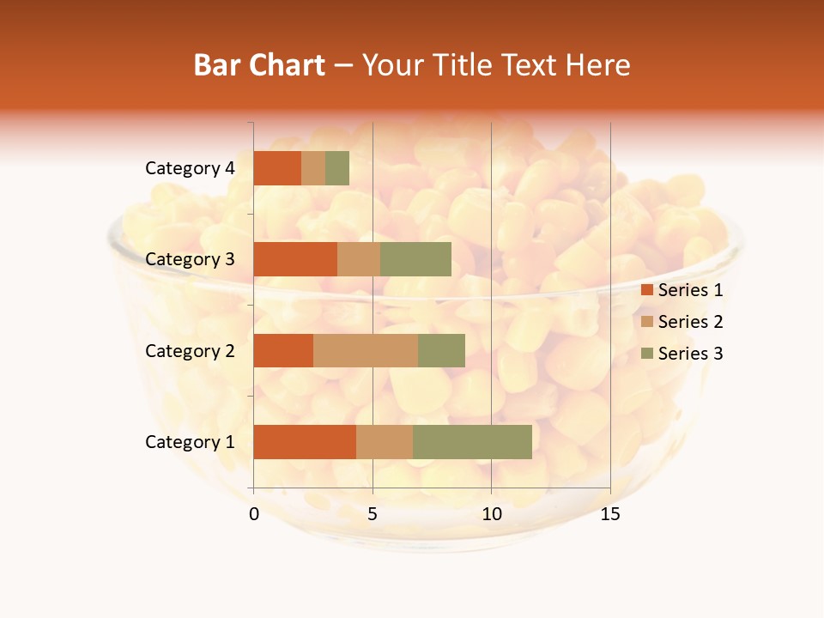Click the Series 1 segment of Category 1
tap(305, 442)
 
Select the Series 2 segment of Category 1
tap(385, 442)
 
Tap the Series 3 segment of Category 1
tap(472, 442)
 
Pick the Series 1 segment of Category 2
tap(283, 350)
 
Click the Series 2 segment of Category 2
tap(366, 350)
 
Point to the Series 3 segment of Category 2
tap(441, 350)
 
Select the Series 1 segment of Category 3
tap(295, 259)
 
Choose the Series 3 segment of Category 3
tap(415, 259)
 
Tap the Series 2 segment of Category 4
tap(313, 168)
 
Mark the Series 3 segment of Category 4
tap(337, 168)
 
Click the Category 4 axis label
tap(190, 168)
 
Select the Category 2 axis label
tap(190, 350)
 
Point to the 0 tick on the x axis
tap(254, 514)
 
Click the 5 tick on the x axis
tap(373, 514)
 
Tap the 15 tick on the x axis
tap(610, 514)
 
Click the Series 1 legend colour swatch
tap(646, 290)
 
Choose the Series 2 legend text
tap(690, 322)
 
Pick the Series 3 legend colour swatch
tap(646, 354)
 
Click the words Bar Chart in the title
tap(259, 65)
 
